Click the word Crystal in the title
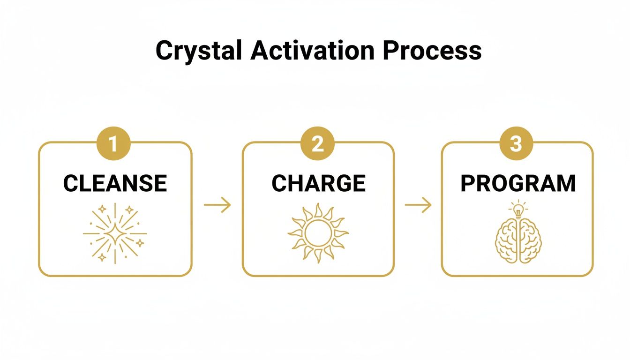pos(199,51)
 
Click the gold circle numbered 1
pos(113,144)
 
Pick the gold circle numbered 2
pos(318,144)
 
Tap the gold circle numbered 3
pos(516,144)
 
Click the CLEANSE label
pos(115,183)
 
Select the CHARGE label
pos(318,183)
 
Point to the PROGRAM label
pos(517,183)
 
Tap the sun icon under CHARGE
pos(318,233)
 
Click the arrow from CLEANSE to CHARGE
pos(217,205)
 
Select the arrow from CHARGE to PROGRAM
pos(418,205)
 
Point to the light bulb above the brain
pos(518,210)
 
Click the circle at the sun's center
pos(318,233)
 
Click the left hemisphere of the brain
pos(507,240)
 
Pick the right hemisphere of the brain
pos(529,240)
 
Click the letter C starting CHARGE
pos(279,183)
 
